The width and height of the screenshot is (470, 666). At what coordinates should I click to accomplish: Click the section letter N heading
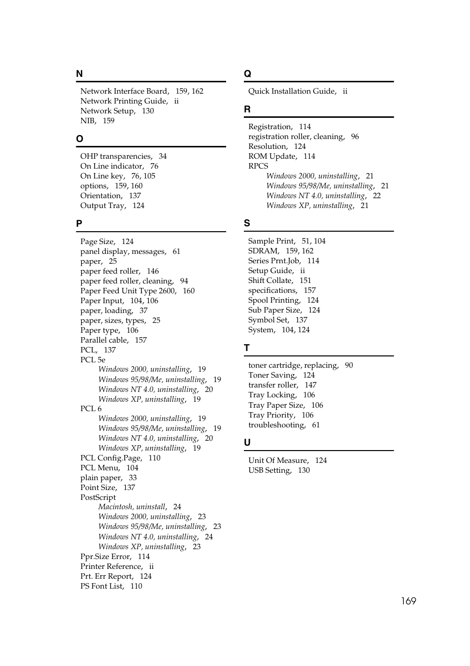79,74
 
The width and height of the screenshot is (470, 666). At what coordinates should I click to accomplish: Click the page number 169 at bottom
408,601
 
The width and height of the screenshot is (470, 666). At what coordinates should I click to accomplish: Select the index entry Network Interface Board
124,91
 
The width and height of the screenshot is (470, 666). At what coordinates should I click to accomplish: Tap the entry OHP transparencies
116,156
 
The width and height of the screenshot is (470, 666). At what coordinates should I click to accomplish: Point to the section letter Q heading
247,74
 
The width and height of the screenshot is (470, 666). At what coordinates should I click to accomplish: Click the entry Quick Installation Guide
292,91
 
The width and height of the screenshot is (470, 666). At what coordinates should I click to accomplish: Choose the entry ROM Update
272,156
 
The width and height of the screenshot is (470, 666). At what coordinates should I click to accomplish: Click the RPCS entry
258,166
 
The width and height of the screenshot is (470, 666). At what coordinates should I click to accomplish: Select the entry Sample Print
271,241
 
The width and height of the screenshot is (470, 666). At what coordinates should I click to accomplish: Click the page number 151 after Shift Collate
305,280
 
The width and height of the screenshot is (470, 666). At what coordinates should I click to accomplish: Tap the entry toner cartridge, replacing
293,365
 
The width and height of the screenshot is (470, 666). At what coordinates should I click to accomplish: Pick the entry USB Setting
269,470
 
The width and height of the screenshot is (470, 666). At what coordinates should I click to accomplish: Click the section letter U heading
247,443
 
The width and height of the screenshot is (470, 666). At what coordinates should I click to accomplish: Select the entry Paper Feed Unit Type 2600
128,291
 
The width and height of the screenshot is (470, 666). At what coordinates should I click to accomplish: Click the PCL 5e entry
93,360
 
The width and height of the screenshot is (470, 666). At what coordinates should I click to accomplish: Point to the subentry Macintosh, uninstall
132,507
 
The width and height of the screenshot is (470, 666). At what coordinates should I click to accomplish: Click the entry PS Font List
102,586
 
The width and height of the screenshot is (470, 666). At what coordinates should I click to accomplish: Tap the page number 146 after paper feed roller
153,271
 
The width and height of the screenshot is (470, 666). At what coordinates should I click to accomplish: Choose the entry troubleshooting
276,425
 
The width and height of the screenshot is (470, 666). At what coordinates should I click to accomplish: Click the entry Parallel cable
104,340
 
